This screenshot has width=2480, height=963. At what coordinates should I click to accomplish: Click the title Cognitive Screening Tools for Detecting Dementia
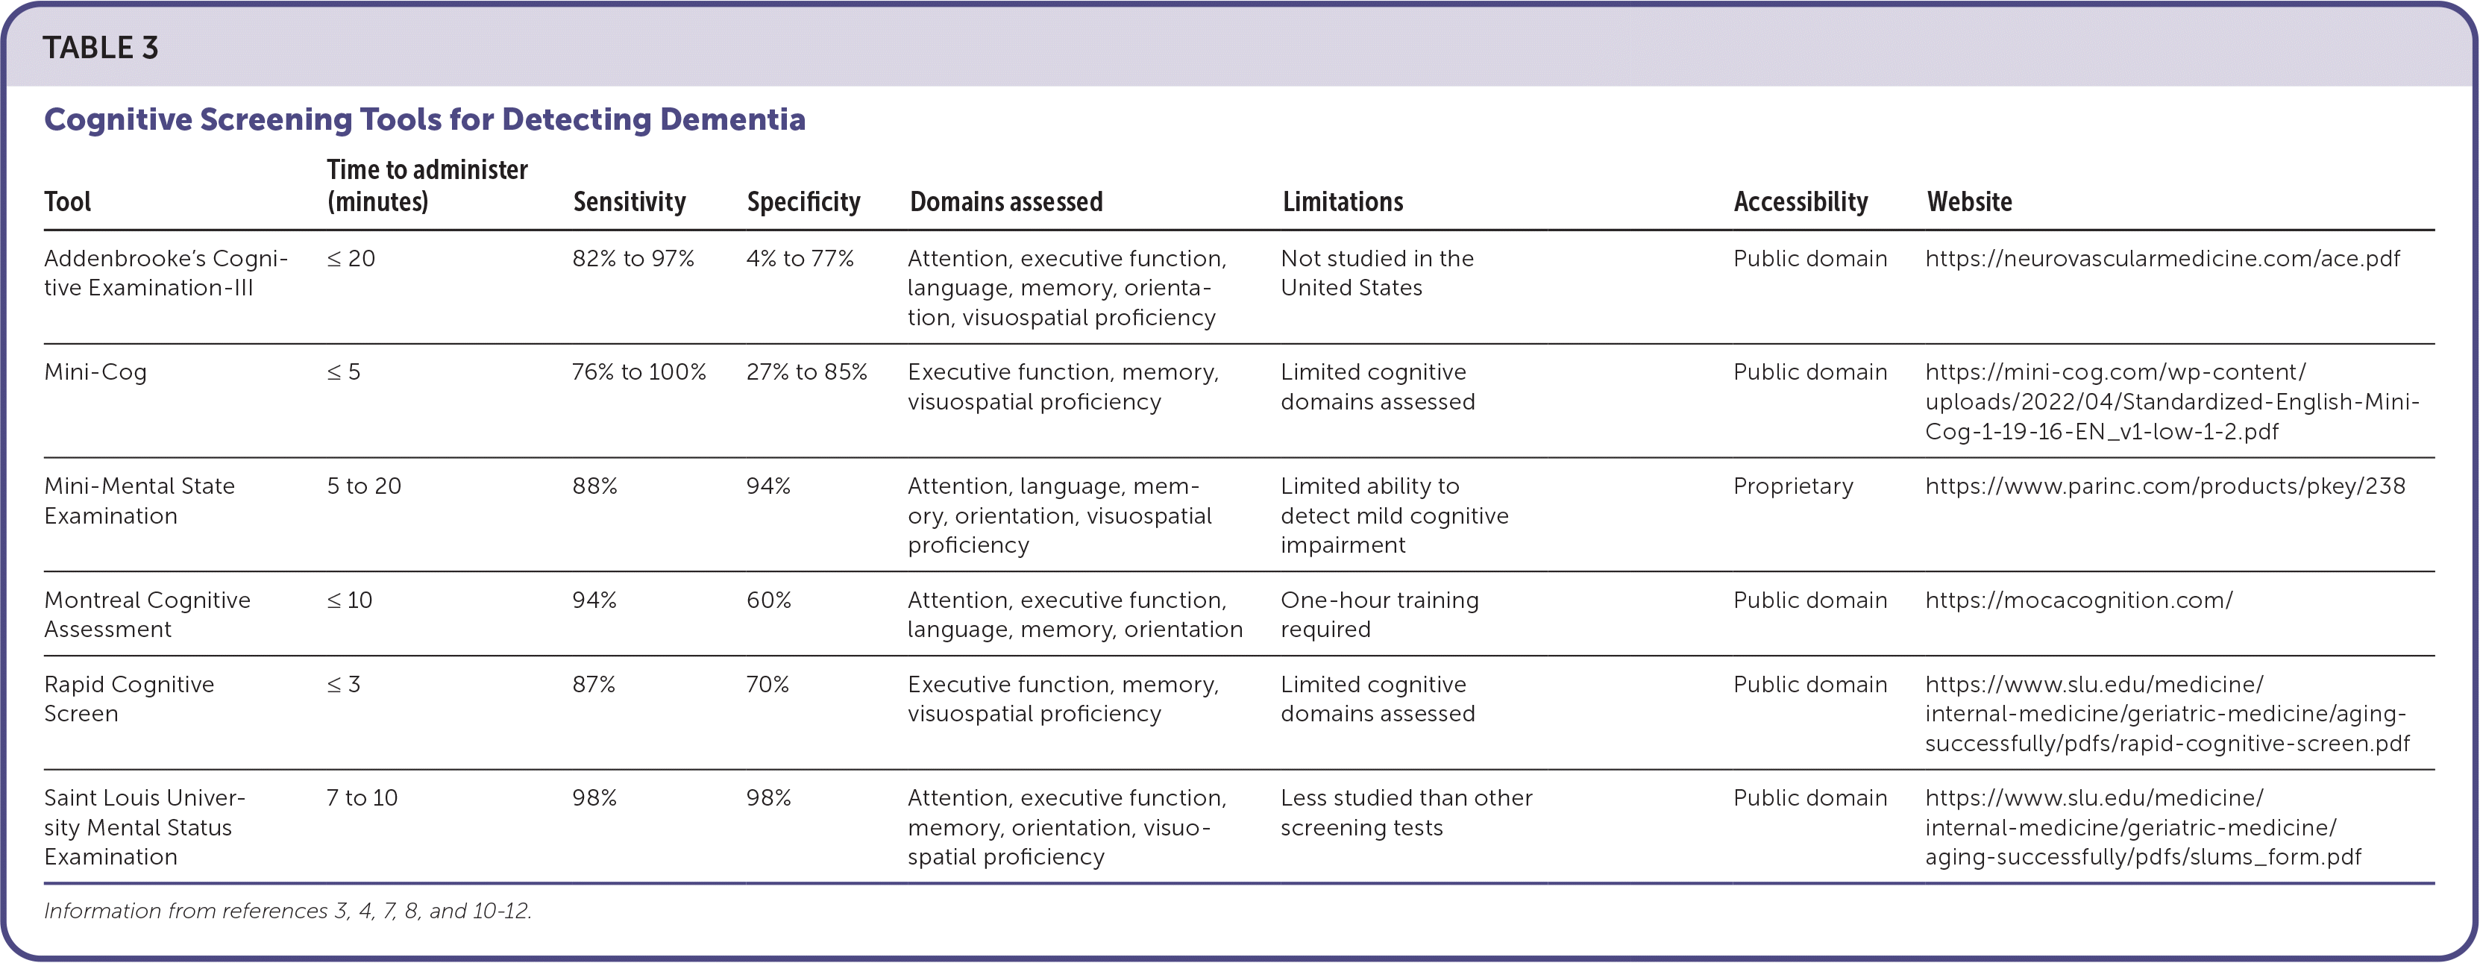click(x=424, y=119)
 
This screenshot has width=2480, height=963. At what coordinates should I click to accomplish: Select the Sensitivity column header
click(x=629, y=201)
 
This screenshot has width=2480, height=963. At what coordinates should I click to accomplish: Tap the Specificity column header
click(x=803, y=201)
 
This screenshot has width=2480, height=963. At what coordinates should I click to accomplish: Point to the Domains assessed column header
click(x=1006, y=201)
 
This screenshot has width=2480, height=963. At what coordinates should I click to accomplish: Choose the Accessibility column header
click(x=1801, y=201)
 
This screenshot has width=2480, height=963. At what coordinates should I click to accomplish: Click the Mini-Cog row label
click(x=95, y=373)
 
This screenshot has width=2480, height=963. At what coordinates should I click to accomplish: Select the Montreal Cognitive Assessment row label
click(x=146, y=615)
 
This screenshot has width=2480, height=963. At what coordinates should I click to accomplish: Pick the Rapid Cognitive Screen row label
click(x=129, y=699)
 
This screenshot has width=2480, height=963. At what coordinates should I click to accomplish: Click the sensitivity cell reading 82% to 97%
click(x=632, y=259)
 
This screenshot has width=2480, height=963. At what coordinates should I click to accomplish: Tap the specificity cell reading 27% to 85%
click(x=806, y=373)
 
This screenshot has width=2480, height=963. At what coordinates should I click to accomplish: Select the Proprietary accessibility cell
click(x=1792, y=486)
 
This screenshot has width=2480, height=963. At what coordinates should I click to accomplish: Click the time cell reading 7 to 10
click(x=362, y=798)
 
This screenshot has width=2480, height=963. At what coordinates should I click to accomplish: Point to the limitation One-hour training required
click(x=1378, y=615)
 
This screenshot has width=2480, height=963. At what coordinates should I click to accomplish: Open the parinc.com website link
click(x=2164, y=486)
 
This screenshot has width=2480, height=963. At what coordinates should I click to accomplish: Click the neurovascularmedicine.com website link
click(x=2162, y=259)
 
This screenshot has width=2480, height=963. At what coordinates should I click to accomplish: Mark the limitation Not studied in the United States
click(x=1377, y=274)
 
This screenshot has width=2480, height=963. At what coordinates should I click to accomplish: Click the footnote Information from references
click(x=288, y=911)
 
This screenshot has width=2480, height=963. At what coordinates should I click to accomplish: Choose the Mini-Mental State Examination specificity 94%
click(x=767, y=486)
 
